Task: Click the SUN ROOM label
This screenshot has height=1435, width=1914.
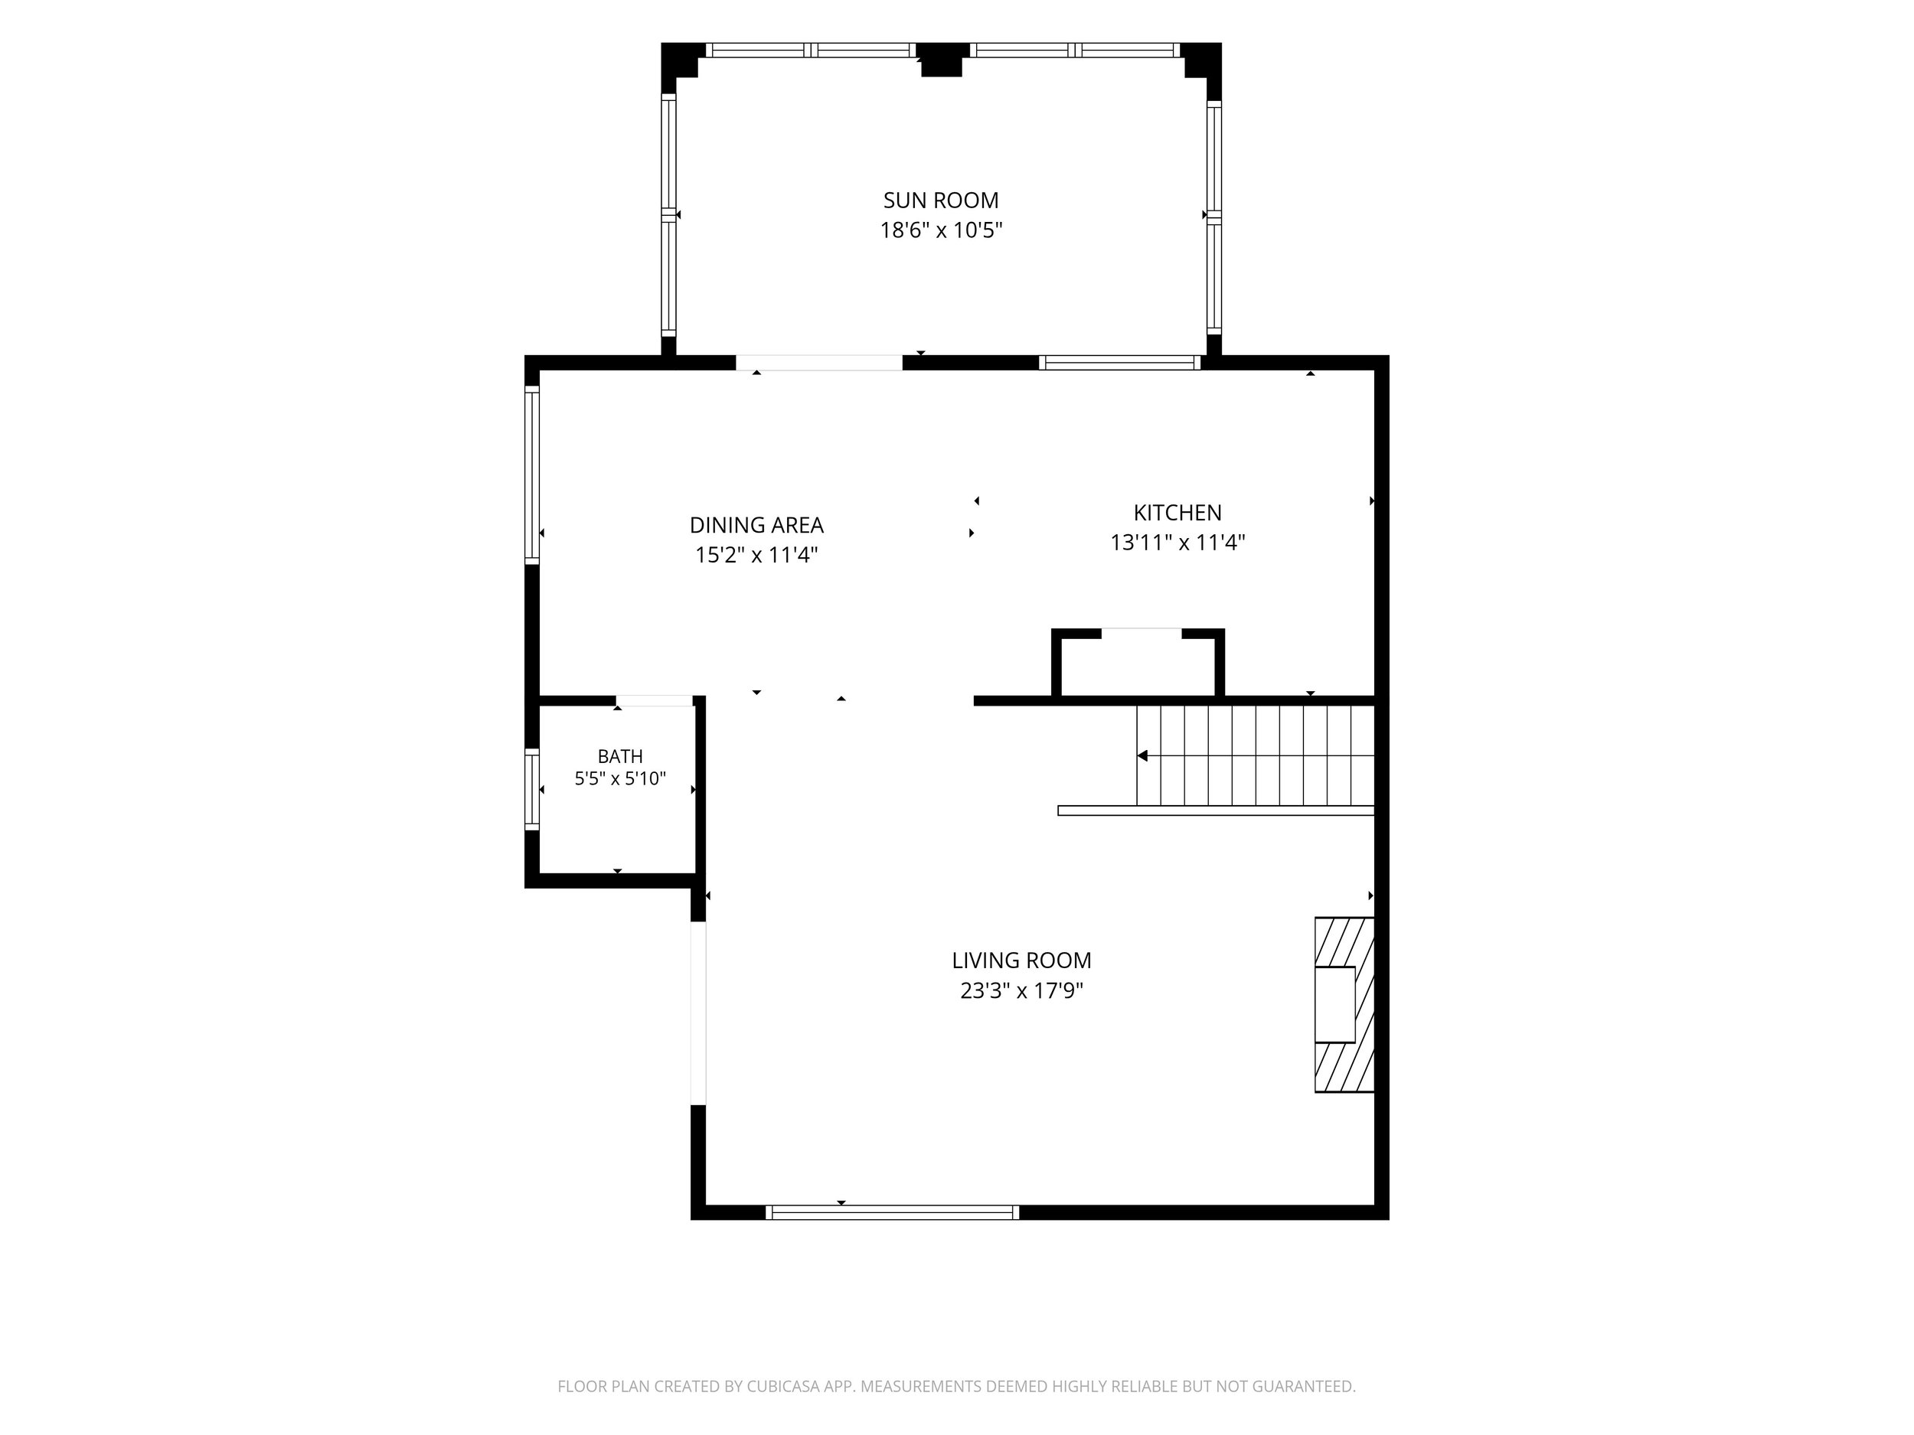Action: pos(941,201)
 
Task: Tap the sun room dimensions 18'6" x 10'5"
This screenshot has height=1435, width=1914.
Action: pos(941,231)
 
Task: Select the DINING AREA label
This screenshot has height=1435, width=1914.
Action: pos(756,525)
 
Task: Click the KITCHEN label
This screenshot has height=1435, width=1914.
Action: pos(1177,513)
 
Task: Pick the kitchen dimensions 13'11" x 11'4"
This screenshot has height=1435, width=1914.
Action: pos(1177,543)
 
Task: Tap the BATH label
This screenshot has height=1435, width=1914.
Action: pos(620,757)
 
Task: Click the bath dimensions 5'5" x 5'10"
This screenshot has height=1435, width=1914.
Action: pos(620,778)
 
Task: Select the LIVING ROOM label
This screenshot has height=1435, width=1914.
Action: pos(1022,960)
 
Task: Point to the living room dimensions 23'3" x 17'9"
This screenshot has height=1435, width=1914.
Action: pos(1022,990)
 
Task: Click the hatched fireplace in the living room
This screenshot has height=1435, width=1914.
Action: pos(1344,1004)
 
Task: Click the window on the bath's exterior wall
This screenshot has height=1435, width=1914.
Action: pos(532,789)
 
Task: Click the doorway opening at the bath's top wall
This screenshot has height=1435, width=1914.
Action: pos(654,700)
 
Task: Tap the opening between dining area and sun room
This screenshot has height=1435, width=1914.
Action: pos(819,363)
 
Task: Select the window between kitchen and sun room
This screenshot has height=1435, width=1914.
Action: pos(1119,363)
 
